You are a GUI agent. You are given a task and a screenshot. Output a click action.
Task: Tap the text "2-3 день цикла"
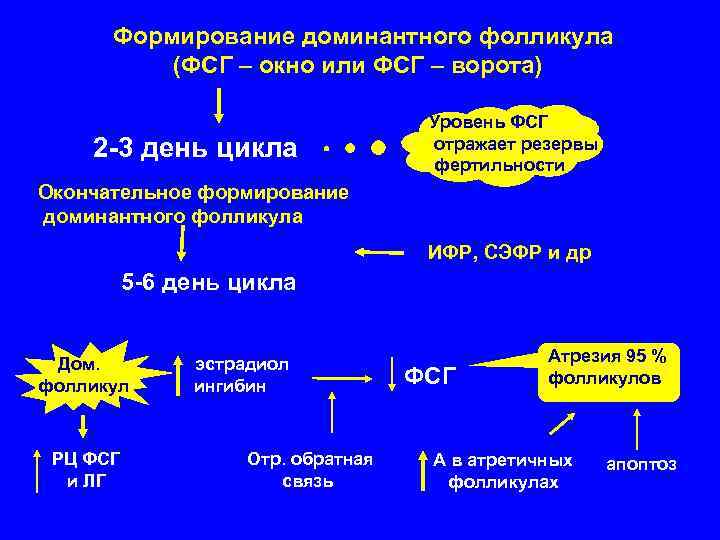pos(195,149)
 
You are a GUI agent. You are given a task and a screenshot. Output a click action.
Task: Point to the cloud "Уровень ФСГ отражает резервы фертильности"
pos(510,144)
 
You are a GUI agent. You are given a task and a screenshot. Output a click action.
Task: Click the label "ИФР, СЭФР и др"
pos(509,254)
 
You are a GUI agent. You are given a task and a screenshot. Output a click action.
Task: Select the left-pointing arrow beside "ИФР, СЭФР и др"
pos(380,254)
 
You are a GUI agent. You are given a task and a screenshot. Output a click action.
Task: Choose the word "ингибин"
pos(231,386)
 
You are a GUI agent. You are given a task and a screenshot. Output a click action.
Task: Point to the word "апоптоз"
pos(641,464)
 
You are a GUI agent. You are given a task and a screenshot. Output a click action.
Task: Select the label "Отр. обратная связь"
pos(309,470)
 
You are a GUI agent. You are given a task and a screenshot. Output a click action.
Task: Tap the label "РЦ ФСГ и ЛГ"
pos(85,470)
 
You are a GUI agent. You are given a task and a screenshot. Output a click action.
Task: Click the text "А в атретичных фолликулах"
pos(503,470)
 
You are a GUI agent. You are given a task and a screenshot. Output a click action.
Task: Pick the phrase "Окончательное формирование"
pos(193,192)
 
